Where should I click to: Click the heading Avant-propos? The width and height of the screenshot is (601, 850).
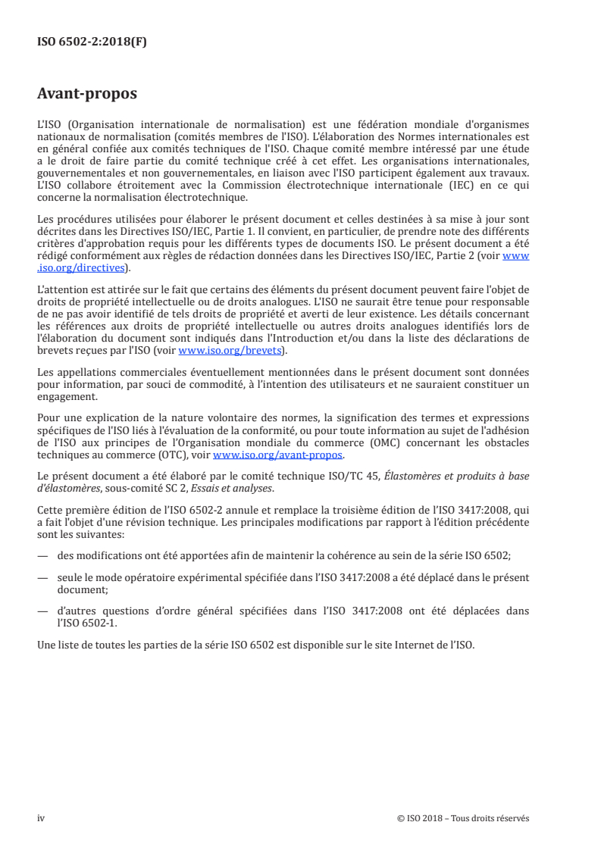[x=87, y=94]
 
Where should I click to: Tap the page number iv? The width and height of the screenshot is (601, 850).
[x=41, y=818]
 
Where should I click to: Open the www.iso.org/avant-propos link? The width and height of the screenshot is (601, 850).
[x=278, y=455]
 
